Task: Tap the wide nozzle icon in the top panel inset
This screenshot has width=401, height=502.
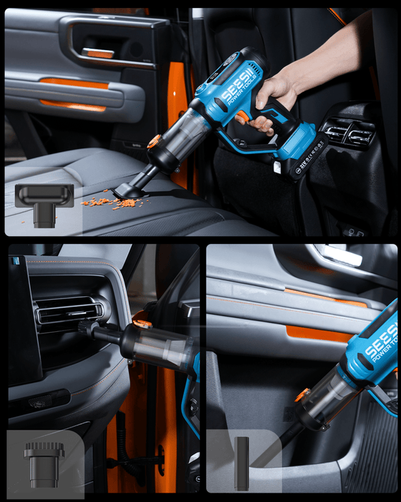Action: [44, 204]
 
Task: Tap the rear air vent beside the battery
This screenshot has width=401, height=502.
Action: [348, 133]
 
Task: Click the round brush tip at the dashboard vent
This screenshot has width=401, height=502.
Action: [87, 328]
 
